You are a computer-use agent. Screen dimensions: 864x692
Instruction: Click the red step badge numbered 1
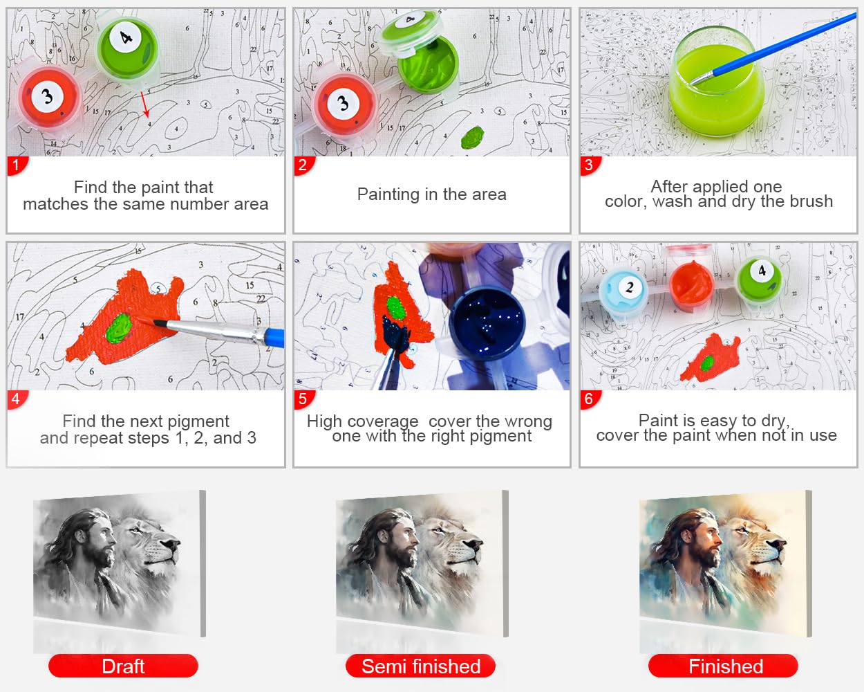pyautogui.click(x=17, y=165)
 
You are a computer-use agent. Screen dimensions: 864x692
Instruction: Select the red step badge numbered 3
pyautogui.click(x=590, y=165)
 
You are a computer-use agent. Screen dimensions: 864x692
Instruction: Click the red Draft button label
pyautogui.click(x=123, y=666)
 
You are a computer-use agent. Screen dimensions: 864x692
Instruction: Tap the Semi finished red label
pyautogui.click(x=421, y=666)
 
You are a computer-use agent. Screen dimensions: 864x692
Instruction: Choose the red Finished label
pyautogui.click(x=723, y=666)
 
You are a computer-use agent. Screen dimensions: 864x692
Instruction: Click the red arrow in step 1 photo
pyautogui.click(x=145, y=104)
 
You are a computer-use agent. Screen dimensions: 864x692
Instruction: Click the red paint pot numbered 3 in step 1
pyautogui.click(x=48, y=98)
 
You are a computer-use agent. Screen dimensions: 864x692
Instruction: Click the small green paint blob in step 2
pyautogui.click(x=473, y=137)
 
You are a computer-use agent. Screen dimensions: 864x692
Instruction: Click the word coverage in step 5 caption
pyautogui.click(x=383, y=422)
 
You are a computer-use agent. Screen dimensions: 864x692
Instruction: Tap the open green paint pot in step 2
pyautogui.click(x=429, y=66)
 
